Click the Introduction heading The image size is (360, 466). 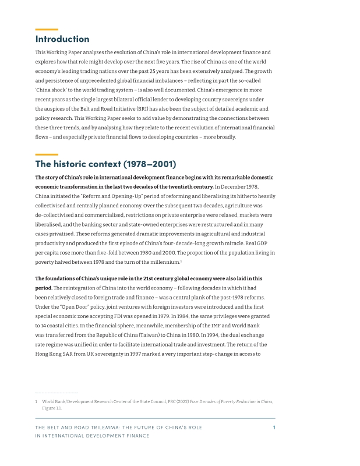62,39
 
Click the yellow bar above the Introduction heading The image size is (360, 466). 47,29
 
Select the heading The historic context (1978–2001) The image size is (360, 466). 105,164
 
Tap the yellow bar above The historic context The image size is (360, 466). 47,154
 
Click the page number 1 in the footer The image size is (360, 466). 274,428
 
